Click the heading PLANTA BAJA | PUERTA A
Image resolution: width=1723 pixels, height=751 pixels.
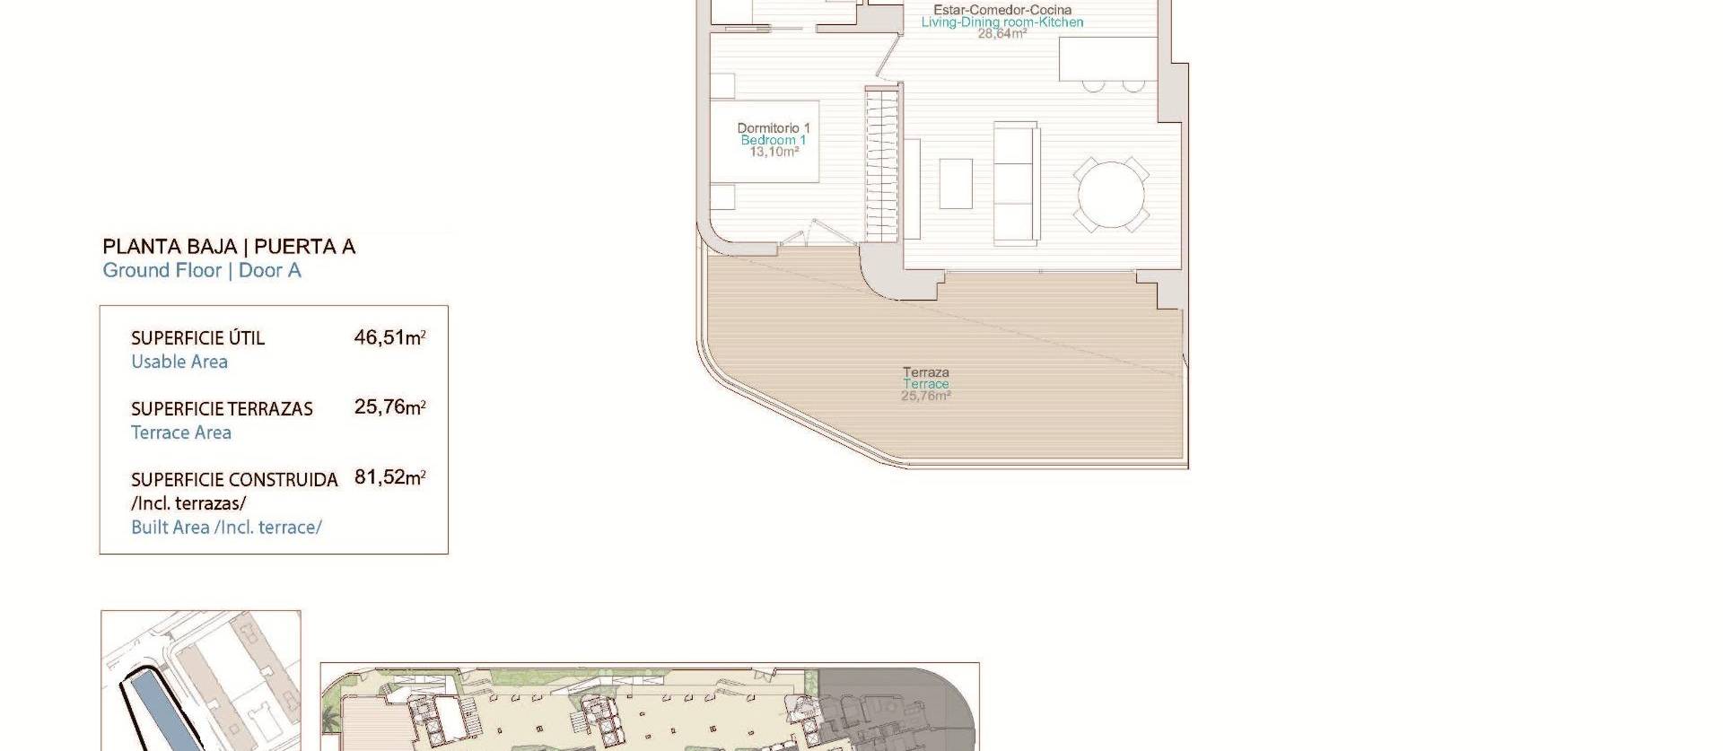pos(229,247)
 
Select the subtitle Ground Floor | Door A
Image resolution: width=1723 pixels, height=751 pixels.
pos(202,271)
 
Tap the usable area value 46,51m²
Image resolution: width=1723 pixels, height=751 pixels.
pos(389,338)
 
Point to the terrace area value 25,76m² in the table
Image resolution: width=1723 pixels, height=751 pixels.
pos(389,407)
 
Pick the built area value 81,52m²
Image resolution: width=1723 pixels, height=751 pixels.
pos(389,477)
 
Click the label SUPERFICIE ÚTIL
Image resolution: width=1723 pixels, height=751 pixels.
pos(197,338)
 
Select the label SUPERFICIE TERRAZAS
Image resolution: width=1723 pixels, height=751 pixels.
pos(222,409)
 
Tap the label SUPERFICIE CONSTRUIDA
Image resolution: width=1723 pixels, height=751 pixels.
pos(234,480)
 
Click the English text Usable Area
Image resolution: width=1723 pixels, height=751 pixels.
pos(179,362)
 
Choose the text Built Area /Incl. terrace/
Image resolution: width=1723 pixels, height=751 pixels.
pos(226,528)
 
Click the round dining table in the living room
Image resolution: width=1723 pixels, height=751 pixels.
pos(1111,195)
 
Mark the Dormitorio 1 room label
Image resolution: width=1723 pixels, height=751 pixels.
pos(774,128)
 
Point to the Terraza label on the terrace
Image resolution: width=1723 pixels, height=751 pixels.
pos(926,371)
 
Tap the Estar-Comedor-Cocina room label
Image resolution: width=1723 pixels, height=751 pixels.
pos(1002,10)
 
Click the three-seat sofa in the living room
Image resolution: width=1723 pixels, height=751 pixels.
pos(1016,183)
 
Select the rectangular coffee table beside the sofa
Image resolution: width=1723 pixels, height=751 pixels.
pos(956,183)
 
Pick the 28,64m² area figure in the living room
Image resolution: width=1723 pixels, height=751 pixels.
pos(1002,34)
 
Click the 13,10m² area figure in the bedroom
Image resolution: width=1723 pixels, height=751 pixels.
pos(774,152)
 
